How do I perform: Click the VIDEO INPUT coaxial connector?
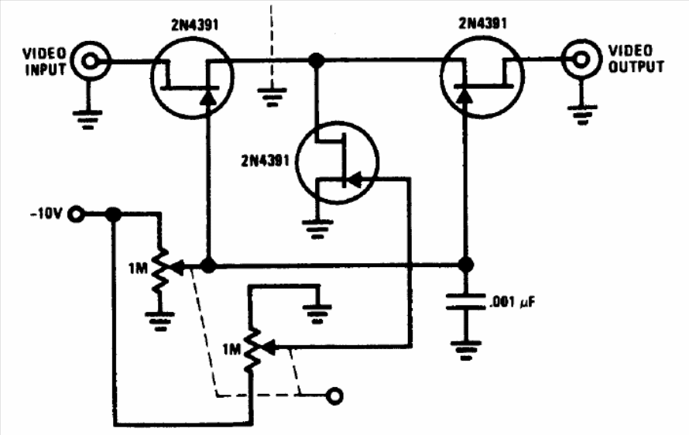point(90,61)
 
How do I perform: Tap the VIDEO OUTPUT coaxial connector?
point(581,59)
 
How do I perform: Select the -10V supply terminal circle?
point(77,214)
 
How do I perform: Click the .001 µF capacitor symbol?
point(466,301)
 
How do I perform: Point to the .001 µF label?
point(512,303)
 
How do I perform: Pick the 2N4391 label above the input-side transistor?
point(194,25)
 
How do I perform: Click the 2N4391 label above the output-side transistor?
point(482,23)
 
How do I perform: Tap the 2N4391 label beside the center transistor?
point(265,161)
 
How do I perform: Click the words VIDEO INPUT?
point(44,61)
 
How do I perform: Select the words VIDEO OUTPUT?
point(636,59)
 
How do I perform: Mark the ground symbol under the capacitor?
point(466,350)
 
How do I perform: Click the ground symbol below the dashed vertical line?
point(272,97)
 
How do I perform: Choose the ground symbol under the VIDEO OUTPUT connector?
point(582,115)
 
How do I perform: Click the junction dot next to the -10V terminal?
point(114,215)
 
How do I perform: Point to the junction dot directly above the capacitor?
point(466,265)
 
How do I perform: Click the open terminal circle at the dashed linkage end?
point(335,396)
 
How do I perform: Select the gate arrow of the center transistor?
point(355,179)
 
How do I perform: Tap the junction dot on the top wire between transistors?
point(317,60)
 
